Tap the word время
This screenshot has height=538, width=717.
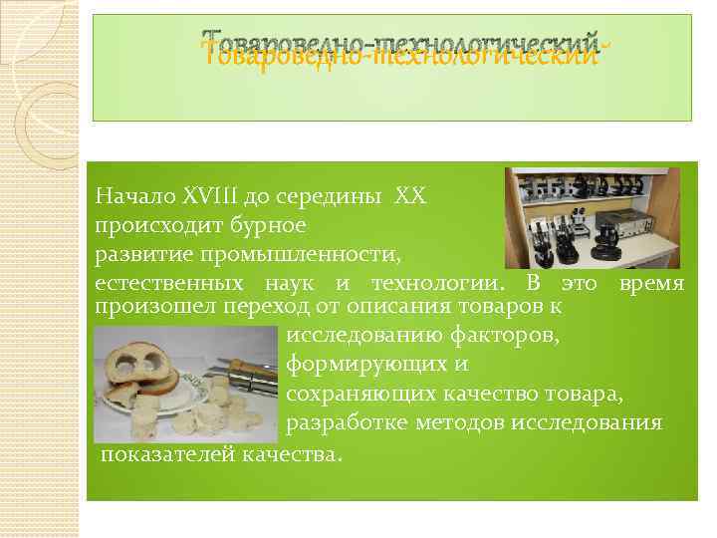(651, 284)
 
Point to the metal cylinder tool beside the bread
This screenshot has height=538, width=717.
(249, 381)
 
